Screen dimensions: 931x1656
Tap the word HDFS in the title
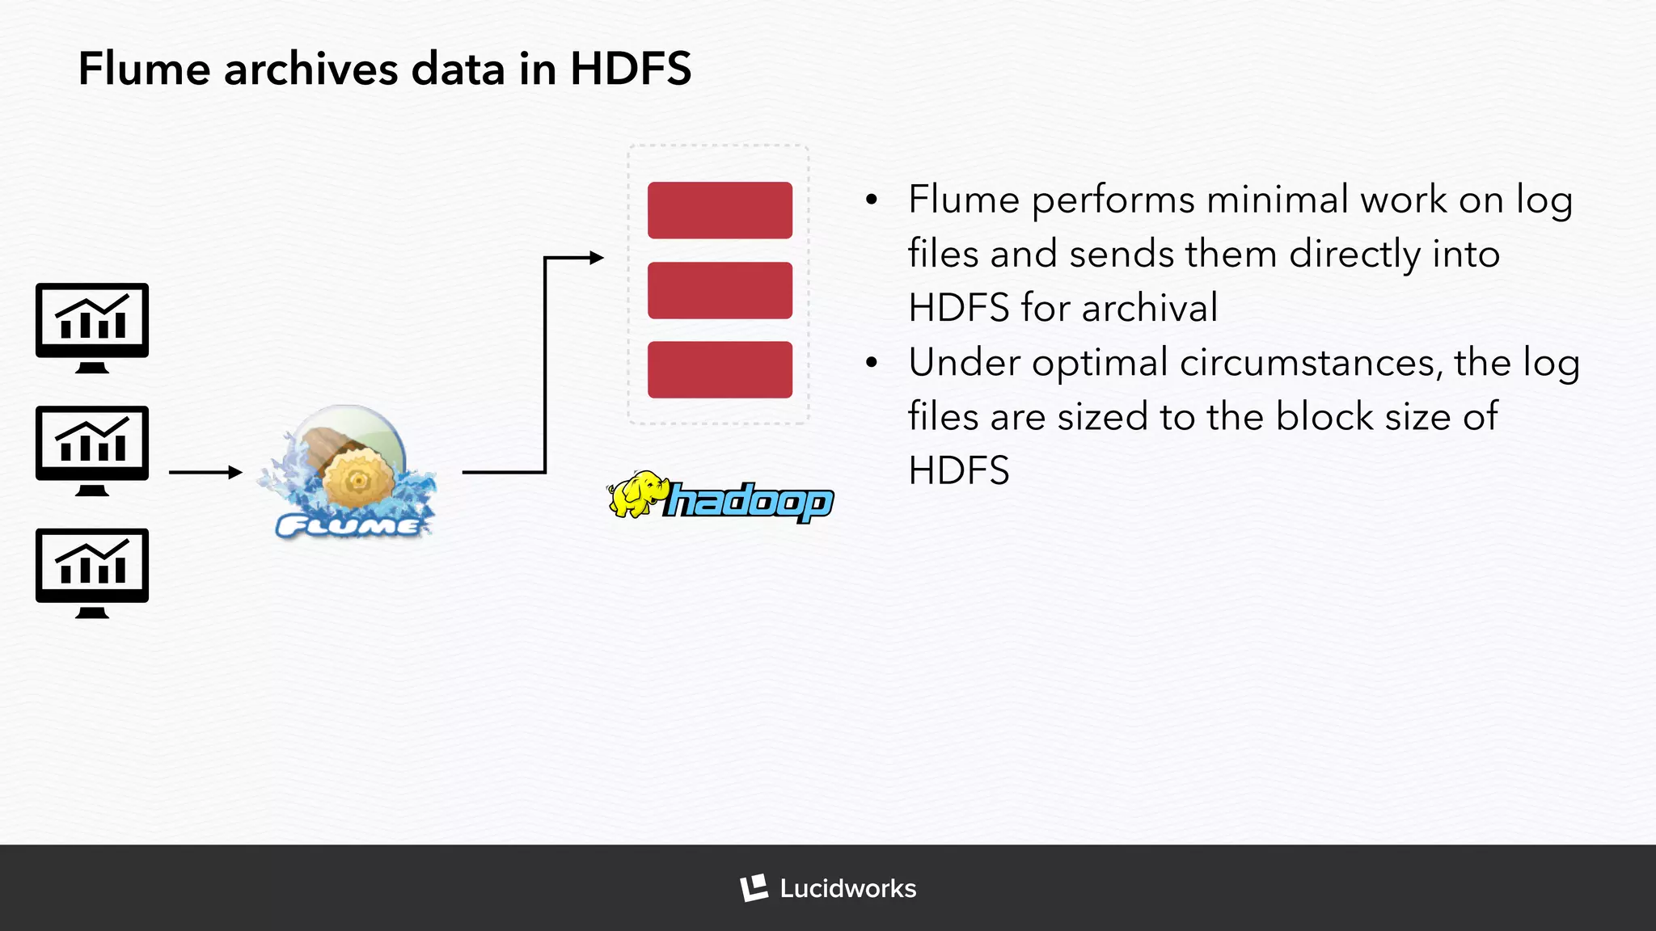(631, 69)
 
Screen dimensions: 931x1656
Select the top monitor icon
(92, 326)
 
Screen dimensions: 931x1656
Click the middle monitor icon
(92, 449)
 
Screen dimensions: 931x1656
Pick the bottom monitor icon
(92, 572)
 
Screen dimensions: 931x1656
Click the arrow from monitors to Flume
(205, 472)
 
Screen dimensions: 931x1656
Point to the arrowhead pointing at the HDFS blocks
(597, 258)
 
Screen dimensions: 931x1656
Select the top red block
(720, 210)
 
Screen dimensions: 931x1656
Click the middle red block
(720, 290)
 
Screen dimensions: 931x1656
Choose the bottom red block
(720, 369)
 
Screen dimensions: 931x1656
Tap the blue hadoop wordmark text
(749, 502)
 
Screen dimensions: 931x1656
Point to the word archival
(1149, 308)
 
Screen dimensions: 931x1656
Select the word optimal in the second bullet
(1100, 363)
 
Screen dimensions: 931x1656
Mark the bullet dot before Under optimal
(871, 363)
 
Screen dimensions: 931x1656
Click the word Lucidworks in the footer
(847, 889)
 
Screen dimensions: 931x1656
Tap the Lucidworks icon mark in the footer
(754, 888)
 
